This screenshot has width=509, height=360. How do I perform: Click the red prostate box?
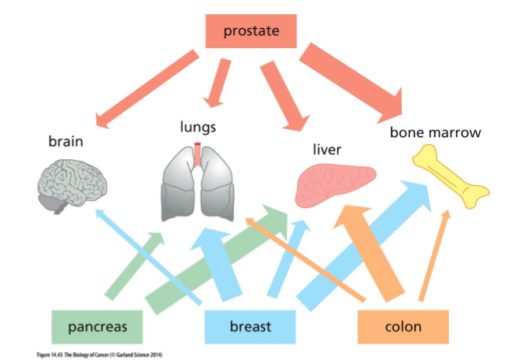250,32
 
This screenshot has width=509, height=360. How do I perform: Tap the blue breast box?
250,325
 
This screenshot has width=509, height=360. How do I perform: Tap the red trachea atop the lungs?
199,153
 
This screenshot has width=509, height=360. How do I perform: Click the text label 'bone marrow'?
435,132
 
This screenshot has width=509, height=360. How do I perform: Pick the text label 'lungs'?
198,126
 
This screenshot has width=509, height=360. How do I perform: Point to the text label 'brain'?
65,142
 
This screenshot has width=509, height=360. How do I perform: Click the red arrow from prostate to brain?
147,88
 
